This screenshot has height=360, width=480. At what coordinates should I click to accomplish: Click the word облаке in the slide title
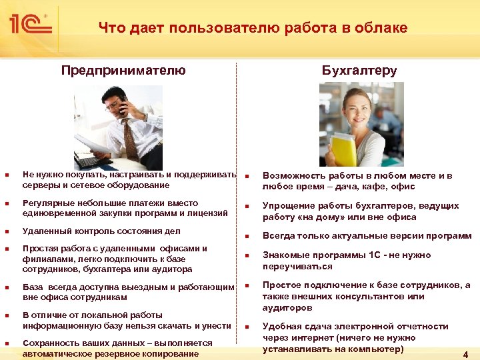(380, 28)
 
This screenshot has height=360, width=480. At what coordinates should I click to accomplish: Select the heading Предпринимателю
(123, 71)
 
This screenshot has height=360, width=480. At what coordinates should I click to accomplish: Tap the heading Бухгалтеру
(359, 71)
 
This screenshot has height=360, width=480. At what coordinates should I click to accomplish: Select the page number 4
(465, 355)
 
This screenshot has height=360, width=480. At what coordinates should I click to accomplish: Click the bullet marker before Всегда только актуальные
(247, 237)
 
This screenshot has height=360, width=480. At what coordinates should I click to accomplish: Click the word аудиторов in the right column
(287, 309)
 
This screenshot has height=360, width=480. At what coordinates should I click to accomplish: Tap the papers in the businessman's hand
(90, 142)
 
